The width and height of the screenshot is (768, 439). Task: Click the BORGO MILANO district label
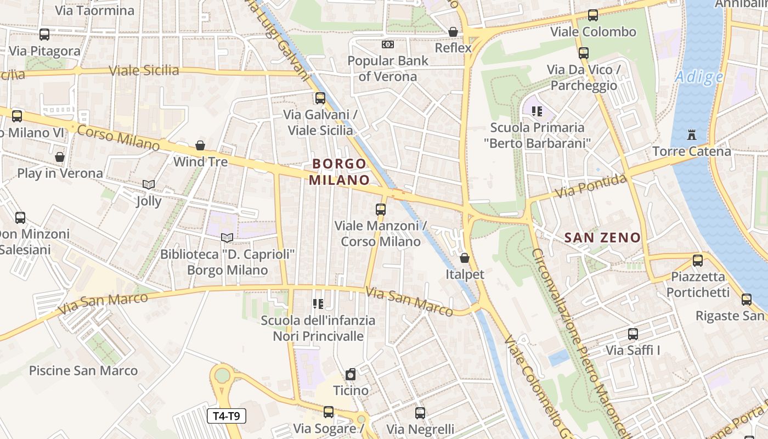tap(339, 172)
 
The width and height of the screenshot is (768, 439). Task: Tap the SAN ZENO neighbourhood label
tap(602, 238)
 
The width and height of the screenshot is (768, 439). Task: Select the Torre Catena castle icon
tap(691, 134)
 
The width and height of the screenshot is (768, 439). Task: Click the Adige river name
tap(699, 77)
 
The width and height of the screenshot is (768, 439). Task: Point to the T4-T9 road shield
tap(227, 416)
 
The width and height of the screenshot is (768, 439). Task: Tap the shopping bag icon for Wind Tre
tap(200, 145)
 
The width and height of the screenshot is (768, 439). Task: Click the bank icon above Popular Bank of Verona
tap(387, 44)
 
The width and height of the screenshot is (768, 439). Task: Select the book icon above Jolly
tap(148, 184)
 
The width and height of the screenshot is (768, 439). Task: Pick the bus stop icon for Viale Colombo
tap(592, 15)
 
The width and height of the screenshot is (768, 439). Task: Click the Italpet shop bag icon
tap(465, 257)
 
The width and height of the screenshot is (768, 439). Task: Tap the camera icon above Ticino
tap(351, 375)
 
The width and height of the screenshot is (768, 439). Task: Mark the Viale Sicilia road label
tap(144, 70)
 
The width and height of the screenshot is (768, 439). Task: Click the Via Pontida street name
tap(590, 187)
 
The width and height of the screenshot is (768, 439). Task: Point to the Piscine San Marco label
tap(83, 370)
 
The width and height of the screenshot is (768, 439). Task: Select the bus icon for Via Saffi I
tap(633, 334)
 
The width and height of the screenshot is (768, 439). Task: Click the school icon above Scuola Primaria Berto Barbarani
tap(537, 111)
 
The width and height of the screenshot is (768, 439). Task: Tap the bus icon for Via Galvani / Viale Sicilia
tap(320, 98)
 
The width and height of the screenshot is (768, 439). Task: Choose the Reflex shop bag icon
tap(453, 32)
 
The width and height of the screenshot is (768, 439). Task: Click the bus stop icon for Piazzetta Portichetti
tap(697, 260)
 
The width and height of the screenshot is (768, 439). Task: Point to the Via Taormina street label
tap(94, 10)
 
